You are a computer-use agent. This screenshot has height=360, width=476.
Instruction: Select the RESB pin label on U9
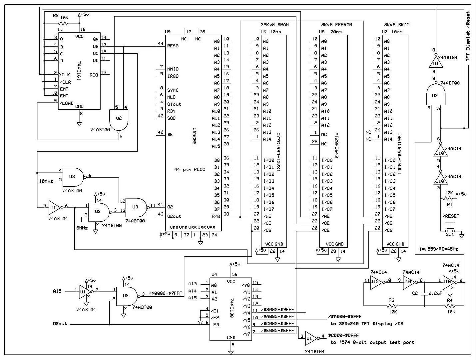coord(173,46)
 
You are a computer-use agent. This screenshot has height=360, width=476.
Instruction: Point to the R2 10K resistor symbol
coord(63,23)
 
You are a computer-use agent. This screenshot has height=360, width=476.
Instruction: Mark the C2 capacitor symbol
coord(424,294)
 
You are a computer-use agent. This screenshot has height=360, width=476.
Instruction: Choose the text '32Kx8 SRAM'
coord(274,25)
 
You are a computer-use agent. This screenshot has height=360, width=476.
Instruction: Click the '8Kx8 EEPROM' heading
coord(336,25)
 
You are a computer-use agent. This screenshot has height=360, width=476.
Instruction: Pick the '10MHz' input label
coord(46,181)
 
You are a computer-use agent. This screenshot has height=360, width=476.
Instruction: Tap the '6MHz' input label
coord(82,228)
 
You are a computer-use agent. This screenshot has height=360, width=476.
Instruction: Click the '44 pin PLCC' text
coord(190,170)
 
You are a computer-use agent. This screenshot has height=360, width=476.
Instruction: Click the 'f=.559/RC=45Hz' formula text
coord(439,249)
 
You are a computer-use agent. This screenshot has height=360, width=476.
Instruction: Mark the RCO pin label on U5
coord(94,75)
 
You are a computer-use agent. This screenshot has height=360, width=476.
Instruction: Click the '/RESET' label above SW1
coord(451,216)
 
